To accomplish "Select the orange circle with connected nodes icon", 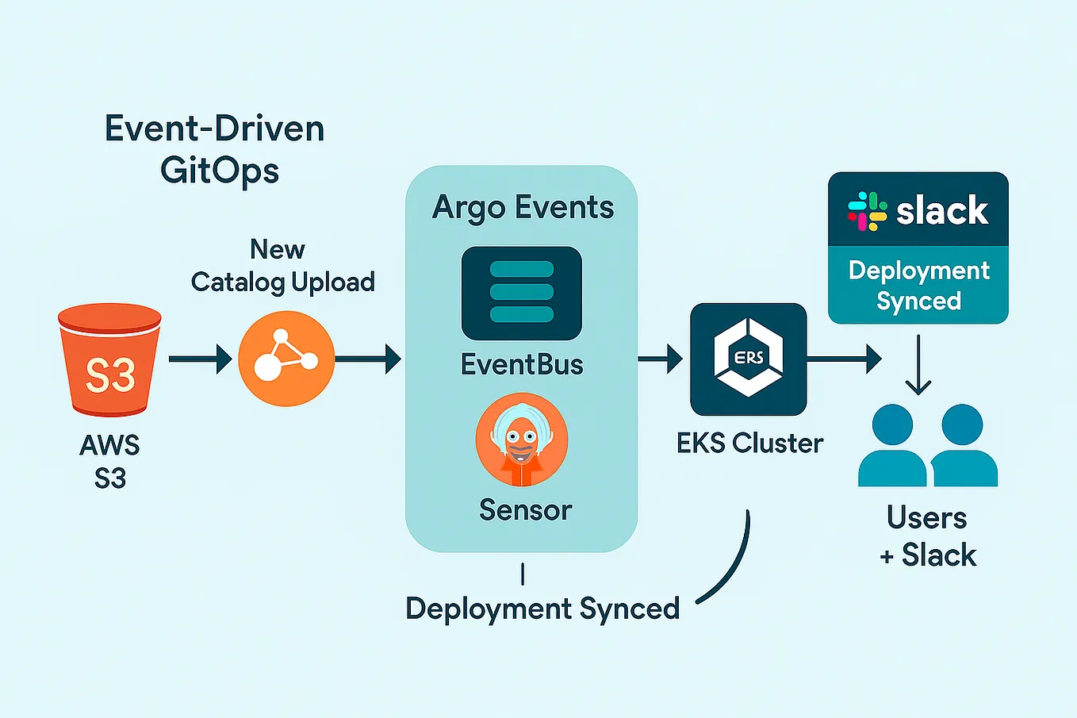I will tap(286, 359).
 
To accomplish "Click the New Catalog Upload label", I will tap(282, 266).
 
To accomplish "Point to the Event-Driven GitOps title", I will tap(215, 149).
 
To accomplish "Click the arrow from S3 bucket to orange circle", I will tap(199, 359).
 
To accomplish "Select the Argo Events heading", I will tap(523, 208).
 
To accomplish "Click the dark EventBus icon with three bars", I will tap(522, 293).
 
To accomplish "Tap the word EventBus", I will tap(522, 365).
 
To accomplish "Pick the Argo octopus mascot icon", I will tap(522, 440).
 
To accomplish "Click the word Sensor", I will tap(525, 510).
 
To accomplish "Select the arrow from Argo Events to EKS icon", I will tap(660, 359).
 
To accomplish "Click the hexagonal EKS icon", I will tap(748, 359).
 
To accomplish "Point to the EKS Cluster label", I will tap(749, 443).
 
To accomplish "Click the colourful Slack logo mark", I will tap(867, 211).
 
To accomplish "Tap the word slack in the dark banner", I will tap(942, 211).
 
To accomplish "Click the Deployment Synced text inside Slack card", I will tap(918, 286).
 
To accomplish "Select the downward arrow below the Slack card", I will tap(918, 365).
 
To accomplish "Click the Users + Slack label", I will tap(927, 536).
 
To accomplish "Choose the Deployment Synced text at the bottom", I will tap(542, 609).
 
